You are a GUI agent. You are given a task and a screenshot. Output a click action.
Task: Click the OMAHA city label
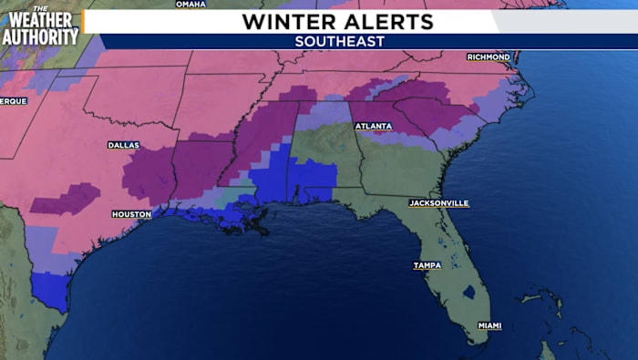pos(190,4)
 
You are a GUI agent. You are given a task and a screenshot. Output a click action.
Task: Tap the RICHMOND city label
pos(488,57)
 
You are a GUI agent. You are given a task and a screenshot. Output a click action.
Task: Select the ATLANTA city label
pos(374,126)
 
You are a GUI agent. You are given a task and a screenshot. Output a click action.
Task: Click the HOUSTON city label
pos(131,214)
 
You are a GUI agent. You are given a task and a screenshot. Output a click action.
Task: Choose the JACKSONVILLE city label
pos(438,202)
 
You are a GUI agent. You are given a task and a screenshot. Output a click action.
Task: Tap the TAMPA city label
pos(427,265)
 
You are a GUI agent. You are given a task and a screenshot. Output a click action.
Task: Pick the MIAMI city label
pos(489,325)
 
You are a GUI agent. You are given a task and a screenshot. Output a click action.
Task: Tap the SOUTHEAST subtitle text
pos(340,42)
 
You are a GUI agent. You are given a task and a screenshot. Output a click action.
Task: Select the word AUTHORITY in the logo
pos(39,36)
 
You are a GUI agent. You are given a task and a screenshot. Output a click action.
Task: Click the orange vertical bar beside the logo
pos(82,22)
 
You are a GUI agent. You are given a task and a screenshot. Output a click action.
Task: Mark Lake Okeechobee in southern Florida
pos(468,293)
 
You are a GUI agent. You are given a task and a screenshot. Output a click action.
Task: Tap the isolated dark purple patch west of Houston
pos(66,198)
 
